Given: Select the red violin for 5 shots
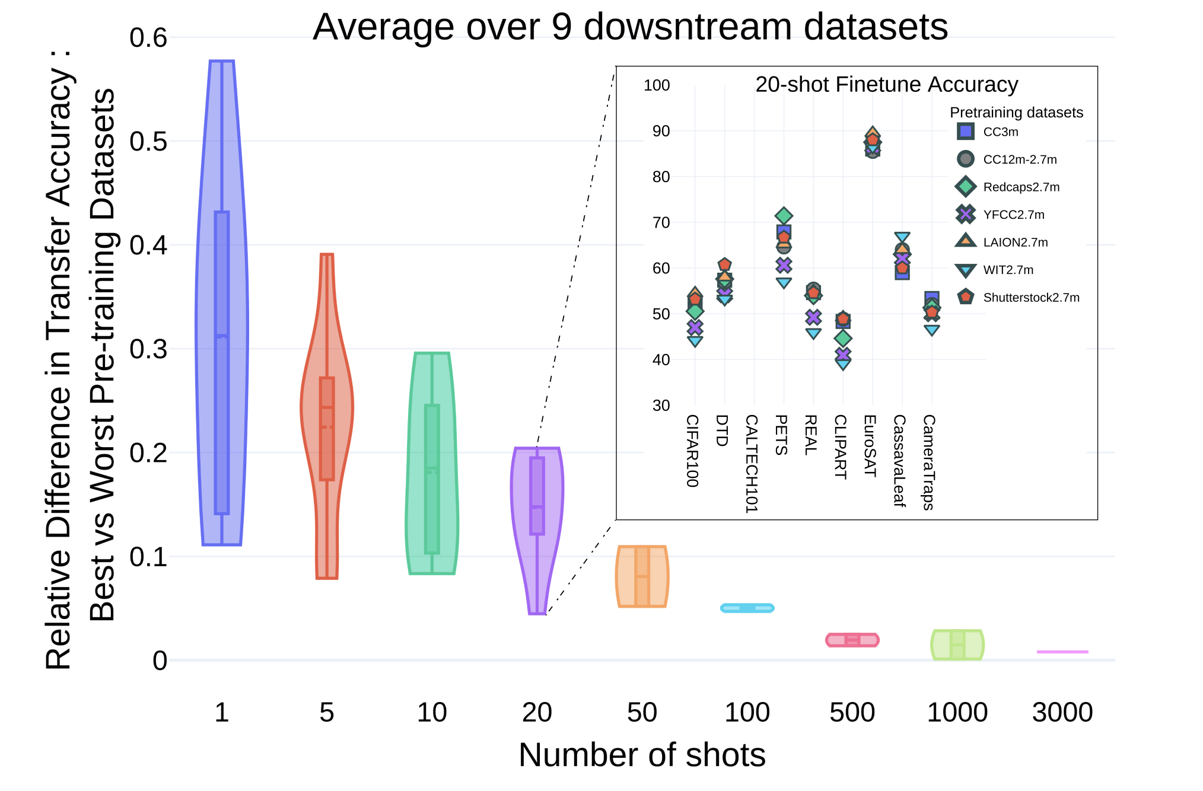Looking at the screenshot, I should (327, 415).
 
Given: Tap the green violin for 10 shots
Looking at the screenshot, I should (432, 463).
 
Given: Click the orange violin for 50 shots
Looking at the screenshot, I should (642, 576).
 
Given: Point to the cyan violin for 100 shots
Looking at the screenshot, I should (747, 608).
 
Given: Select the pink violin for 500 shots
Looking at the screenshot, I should (852, 640).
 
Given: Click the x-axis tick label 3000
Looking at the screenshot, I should (1062, 712).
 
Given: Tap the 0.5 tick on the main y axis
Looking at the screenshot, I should (148, 142).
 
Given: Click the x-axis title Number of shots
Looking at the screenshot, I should (642, 755).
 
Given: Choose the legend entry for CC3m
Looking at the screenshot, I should (1000, 132).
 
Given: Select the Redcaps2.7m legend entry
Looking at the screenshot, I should (1020, 187).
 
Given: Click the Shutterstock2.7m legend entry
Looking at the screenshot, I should (1030, 297).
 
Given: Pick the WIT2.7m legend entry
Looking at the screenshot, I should (1007, 270).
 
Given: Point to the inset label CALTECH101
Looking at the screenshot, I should (752, 463).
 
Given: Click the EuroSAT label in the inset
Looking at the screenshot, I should (870, 445).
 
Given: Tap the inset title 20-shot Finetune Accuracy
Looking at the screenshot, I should (886, 85).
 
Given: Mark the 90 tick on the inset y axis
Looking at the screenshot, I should (661, 131).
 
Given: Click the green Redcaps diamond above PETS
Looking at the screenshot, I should (784, 216).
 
